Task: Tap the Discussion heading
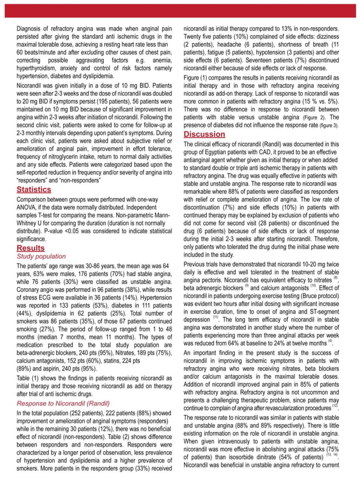[204, 134]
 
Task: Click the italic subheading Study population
[41, 256]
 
